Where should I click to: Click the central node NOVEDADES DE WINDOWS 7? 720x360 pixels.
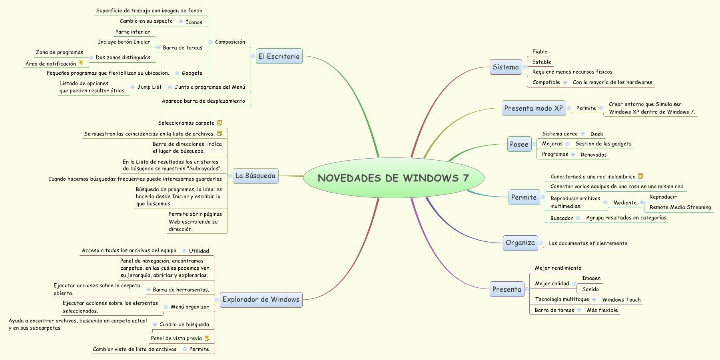pyautogui.click(x=393, y=178)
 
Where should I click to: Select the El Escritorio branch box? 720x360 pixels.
pyautogui.click(x=279, y=56)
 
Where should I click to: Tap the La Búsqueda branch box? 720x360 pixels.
pyautogui.click(x=255, y=176)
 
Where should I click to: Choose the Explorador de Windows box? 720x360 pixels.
pyautogui.click(x=261, y=300)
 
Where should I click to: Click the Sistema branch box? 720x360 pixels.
pyautogui.click(x=505, y=67)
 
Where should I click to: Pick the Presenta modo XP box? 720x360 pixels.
pyautogui.click(x=533, y=108)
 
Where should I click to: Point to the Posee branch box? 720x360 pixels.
pyautogui.click(x=519, y=144)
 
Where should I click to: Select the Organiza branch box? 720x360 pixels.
pyautogui.click(x=520, y=243)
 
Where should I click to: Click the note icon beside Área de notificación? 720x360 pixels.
pyautogui.click(x=81, y=63)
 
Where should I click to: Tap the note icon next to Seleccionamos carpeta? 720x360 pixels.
pyautogui.click(x=219, y=123)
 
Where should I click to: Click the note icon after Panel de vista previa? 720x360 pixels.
pyautogui.click(x=207, y=338)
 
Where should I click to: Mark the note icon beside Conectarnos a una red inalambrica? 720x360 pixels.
pyautogui.click(x=640, y=176)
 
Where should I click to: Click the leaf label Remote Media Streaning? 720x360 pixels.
pyautogui.click(x=680, y=207)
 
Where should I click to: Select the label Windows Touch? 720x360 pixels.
pyautogui.click(x=621, y=300)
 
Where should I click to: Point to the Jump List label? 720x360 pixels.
pyautogui.click(x=150, y=87)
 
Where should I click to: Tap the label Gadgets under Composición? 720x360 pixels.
pyautogui.click(x=192, y=73)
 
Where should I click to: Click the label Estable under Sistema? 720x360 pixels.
pyautogui.click(x=541, y=62)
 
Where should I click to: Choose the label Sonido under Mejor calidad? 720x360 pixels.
pyautogui.click(x=590, y=289)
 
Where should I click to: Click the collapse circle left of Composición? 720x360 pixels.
pyautogui.click(x=210, y=42)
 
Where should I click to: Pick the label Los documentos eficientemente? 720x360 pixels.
pyautogui.click(x=588, y=243)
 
